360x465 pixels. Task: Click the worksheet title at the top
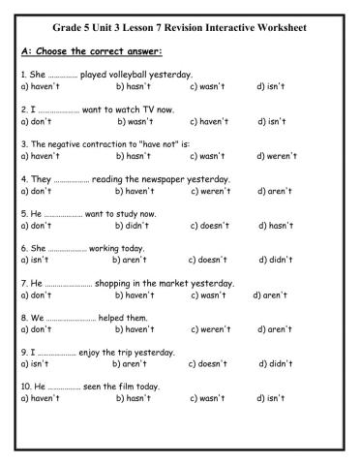click(180, 29)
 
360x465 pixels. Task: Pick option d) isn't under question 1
click(271, 86)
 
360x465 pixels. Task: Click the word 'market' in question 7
click(169, 283)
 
